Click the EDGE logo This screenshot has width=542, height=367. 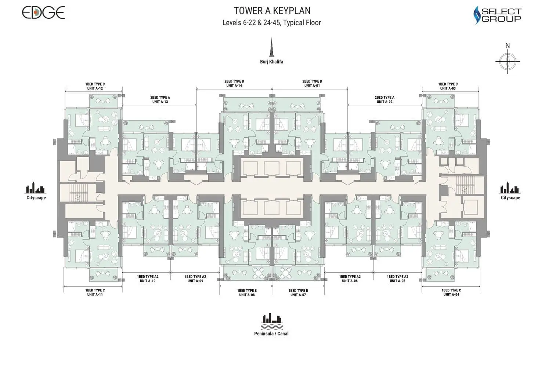pyautogui.click(x=43, y=12)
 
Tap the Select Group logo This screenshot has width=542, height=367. pyautogui.click(x=497, y=15)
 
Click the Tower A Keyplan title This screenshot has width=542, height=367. pyautogui.click(x=272, y=11)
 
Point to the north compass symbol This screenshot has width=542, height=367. pyautogui.click(x=507, y=59)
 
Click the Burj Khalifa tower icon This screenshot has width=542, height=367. pyautogui.click(x=271, y=47)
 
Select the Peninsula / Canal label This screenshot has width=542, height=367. pyautogui.click(x=271, y=334)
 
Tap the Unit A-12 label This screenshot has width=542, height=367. pyautogui.click(x=95, y=88)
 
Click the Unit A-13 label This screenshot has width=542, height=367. pyautogui.click(x=160, y=102)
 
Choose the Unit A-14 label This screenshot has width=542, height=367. pyautogui.click(x=234, y=86)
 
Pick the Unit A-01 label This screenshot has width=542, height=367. pyautogui.click(x=312, y=86)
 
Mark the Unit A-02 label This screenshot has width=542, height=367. pyautogui.click(x=384, y=102)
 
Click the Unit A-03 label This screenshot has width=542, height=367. pyautogui.click(x=448, y=88)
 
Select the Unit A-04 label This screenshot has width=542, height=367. pyautogui.click(x=451, y=294)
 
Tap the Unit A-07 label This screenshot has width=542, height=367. pyautogui.click(x=298, y=295)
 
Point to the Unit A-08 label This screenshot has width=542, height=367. pyautogui.click(x=247, y=295)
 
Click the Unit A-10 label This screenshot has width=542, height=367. pyautogui.click(x=148, y=281)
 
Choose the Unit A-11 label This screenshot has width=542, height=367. pyautogui.click(x=95, y=294)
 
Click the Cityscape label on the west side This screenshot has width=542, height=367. pyautogui.click(x=36, y=198)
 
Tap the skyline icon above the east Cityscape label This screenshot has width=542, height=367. pyautogui.click(x=510, y=188)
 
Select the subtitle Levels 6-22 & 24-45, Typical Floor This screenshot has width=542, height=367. pyautogui.click(x=271, y=23)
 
